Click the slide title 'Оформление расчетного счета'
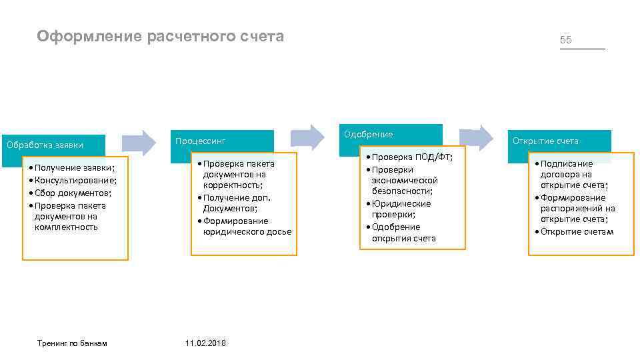pos(161,36)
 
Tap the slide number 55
pos(566,40)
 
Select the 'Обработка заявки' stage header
pos(45,144)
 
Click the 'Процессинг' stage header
pos(200,141)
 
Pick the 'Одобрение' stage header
pos(369,135)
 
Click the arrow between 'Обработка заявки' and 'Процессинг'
pos(139,143)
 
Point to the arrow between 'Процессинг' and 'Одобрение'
pos(307,137)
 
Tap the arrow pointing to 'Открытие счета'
pos(478,137)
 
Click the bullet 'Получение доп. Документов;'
pos(237,203)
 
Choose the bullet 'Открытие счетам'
pos(577,231)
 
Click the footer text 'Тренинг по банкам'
pos(72,343)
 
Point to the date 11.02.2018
pos(205,343)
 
